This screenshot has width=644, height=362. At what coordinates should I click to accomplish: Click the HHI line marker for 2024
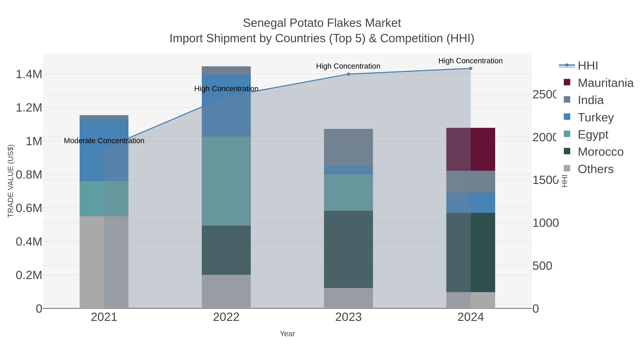tap(470, 68)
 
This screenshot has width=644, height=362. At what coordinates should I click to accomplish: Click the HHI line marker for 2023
tap(348, 74)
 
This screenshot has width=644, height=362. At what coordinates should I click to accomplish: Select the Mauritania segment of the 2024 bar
tap(470, 149)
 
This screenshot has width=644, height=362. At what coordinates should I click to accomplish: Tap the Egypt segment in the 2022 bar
tap(226, 181)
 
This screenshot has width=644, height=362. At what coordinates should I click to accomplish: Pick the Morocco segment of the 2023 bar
tap(348, 249)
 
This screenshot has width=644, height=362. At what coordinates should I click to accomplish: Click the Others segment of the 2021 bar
tap(104, 262)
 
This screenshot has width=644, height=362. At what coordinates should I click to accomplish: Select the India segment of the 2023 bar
tap(348, 147)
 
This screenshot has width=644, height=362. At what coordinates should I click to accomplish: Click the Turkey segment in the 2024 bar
tap(470, 203)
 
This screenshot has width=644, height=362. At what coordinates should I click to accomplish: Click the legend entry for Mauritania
tap(605, 83)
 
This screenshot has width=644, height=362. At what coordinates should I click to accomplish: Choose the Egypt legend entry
tap(592, 135)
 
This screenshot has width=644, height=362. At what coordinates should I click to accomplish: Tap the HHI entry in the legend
tap(587, 66)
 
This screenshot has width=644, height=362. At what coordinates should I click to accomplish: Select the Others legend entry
tap(595, 169)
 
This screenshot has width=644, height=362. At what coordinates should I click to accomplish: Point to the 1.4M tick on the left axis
tap(29, 74)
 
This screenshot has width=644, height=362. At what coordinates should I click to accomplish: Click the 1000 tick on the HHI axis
tap(545, 223)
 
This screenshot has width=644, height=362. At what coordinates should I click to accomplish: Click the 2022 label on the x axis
tap(226, 317)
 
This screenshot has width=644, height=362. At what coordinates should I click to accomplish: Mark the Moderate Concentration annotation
tap(104, 141)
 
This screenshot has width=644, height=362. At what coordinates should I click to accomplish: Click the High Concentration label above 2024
tap(470, 61)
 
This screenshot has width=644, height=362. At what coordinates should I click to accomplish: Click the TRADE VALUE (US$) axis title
tap(11, 181)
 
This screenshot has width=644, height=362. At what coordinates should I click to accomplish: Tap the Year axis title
tap(287, 334)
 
